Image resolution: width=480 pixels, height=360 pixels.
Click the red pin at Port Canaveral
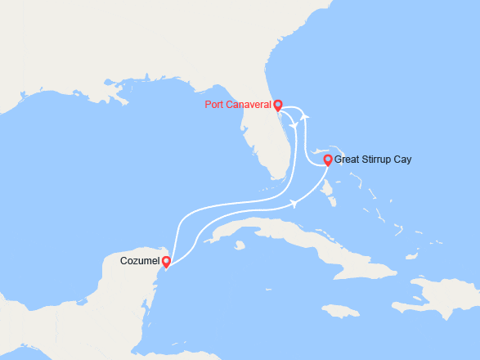pyautogui.click(x=278, y=105)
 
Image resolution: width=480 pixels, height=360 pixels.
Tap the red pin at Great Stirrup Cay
pyautogui.click(x=328, y=160)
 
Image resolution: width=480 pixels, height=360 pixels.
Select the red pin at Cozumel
pyautogui.click(x=166, y=262)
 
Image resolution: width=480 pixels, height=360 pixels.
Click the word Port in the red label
pyautogui.click(x=217, y=106)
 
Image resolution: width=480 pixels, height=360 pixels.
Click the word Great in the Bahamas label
pyautogui.click(x=348, y=160)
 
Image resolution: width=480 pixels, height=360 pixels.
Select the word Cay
pyautogui.click(x=403, y=160)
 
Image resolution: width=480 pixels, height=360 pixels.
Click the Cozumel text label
pyautogui.click(x=140, y=262)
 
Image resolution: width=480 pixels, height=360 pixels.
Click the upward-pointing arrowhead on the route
pyautogui.click(x=304, y=118)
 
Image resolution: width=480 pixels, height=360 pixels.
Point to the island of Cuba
pyautogui.click(x=278, y=233)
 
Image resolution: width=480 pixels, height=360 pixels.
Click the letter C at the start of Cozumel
pyautogui.click(x=123, y=262)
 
